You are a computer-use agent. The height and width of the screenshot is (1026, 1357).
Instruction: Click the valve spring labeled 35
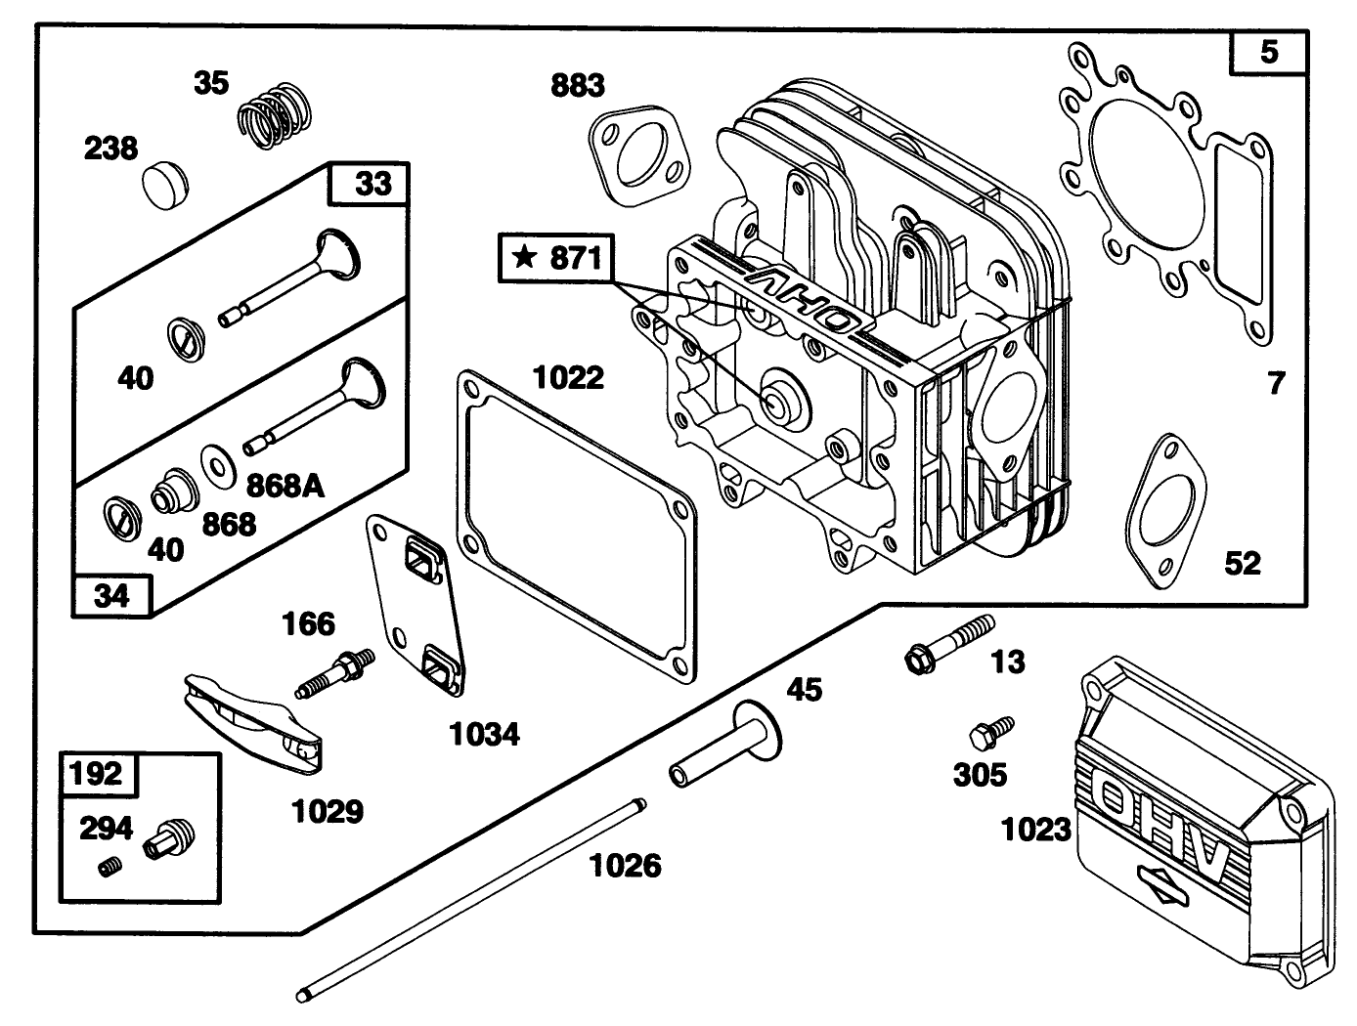276,117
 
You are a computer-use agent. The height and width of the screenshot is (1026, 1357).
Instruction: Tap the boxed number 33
372,183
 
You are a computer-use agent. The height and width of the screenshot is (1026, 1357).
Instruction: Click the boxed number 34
112,595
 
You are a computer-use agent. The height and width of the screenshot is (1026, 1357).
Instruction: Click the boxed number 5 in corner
1268,51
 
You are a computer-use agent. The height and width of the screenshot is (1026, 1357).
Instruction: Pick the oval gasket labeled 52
1167,512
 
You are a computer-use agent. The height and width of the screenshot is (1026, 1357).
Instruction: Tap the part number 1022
569,377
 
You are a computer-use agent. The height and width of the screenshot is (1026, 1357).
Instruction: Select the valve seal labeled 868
173,486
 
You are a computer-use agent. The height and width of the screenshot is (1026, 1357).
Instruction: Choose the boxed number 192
99,774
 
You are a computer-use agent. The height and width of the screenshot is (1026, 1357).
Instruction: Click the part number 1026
626,865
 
